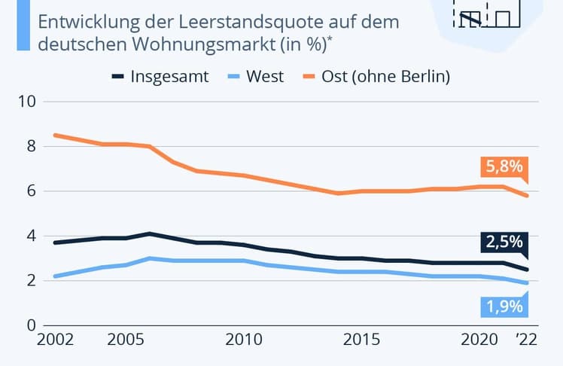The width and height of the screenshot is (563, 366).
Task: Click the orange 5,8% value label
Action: (x=502, y=167)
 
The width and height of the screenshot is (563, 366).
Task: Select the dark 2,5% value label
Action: (x=502, y=243)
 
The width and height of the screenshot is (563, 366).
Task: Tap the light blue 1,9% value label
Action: (x=502, y=307)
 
